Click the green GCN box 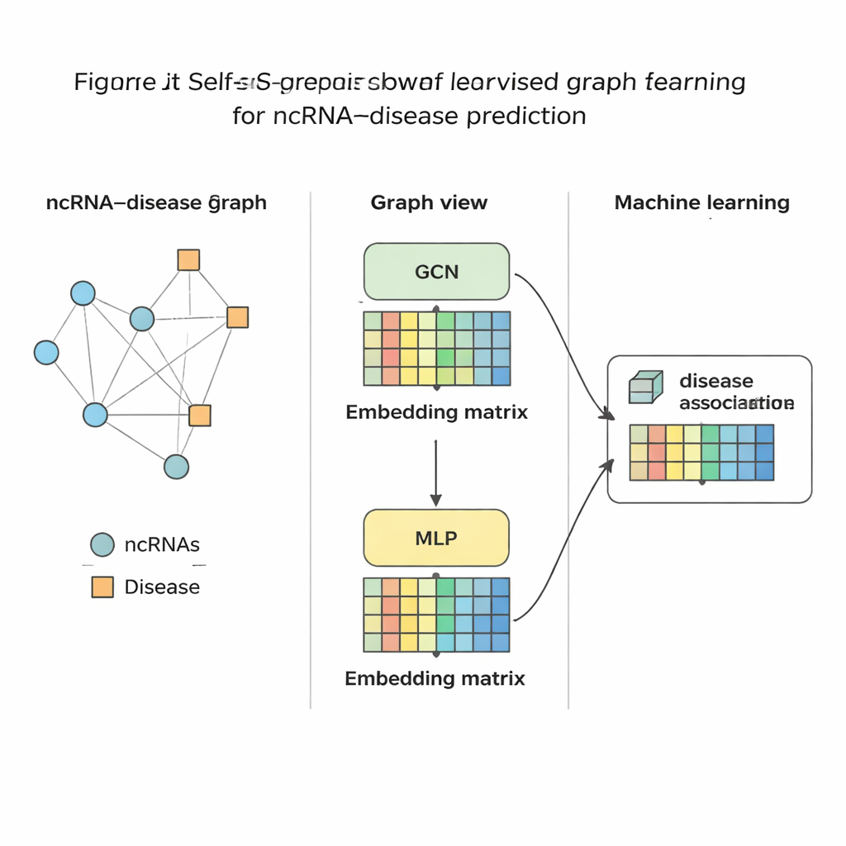[x=436, y=271]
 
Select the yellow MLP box [x=436, y=538]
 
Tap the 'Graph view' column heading [x=429, y=203]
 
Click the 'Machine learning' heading [x=701, y=203]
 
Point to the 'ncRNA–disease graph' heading [x=156, y=203]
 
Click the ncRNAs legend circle [x=102, y=544]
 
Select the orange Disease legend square [x=102, y=587]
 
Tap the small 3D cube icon [x=645, y=387]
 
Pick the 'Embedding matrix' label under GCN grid [x=436, y=412]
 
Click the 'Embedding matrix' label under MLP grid [x=435, y=679]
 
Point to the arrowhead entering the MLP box [x=435, y=500]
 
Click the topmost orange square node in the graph [x=188, y=260]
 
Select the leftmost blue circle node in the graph [x=46, y=353]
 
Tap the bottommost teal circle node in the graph [x=176, y=467]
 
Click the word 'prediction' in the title [x=526, y=116]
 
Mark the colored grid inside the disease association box [x=701, y=453]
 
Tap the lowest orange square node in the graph [x=200, y=415]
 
